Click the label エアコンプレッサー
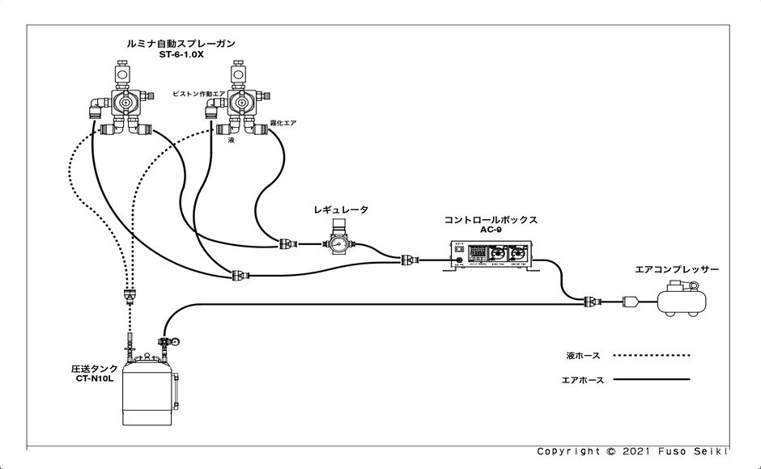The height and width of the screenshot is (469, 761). pos(677,269)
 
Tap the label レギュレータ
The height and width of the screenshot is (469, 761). pos(341,210)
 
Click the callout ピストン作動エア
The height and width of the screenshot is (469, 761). pos(198,95)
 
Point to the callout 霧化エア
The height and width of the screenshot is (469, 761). pos(283,124)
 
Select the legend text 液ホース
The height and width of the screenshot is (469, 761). pos(583,355)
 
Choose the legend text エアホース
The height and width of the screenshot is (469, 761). pos(583,379)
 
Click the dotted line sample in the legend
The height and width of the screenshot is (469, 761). pos(651,355)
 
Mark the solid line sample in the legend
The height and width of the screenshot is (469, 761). pos(651,379)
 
